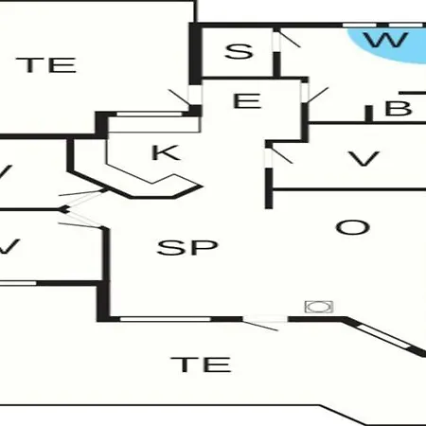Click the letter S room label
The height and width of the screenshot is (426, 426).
(x=239, y=51)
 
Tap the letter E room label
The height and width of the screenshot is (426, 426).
(x=247, y=100)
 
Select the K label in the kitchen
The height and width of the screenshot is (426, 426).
(x=166, y=152)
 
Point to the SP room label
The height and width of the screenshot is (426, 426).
(x=187, y=247)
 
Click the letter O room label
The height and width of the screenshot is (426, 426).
(x=352, y=227)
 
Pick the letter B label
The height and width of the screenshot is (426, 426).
(x=399, y=108)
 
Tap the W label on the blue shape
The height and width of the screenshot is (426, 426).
(x=386, y=40)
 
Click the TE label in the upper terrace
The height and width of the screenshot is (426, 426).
(x=46, y=65)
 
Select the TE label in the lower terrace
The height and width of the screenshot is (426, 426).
(x=201, y=364)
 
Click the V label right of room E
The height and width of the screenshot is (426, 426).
(x=364, y=159)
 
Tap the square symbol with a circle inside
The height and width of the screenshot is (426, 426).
(x=319, y=307)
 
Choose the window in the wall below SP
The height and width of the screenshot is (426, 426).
(x=165, y=319)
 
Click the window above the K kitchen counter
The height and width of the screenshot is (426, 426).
(x=151, y=114)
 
